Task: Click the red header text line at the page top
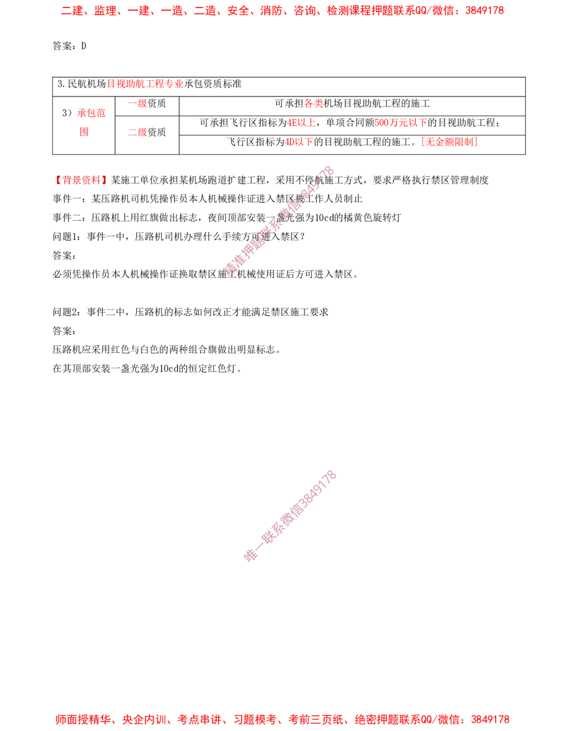pos(282,11)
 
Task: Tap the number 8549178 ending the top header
pos(487,11)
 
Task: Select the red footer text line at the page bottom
pos(282,720)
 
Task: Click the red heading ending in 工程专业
pos(146,84)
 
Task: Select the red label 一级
pos(137,104)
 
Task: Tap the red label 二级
pos(137,133)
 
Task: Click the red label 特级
pos(313,103)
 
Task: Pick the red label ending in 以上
pos(301,123)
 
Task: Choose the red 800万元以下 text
pos(401,123)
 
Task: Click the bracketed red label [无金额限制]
pos(449,142)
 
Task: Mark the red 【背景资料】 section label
pos(81,180)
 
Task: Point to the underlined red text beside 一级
pos(92,113)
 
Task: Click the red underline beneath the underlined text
pos(95,120)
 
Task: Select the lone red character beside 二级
pos(84,133)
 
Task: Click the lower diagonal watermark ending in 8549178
pos(289,516)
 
